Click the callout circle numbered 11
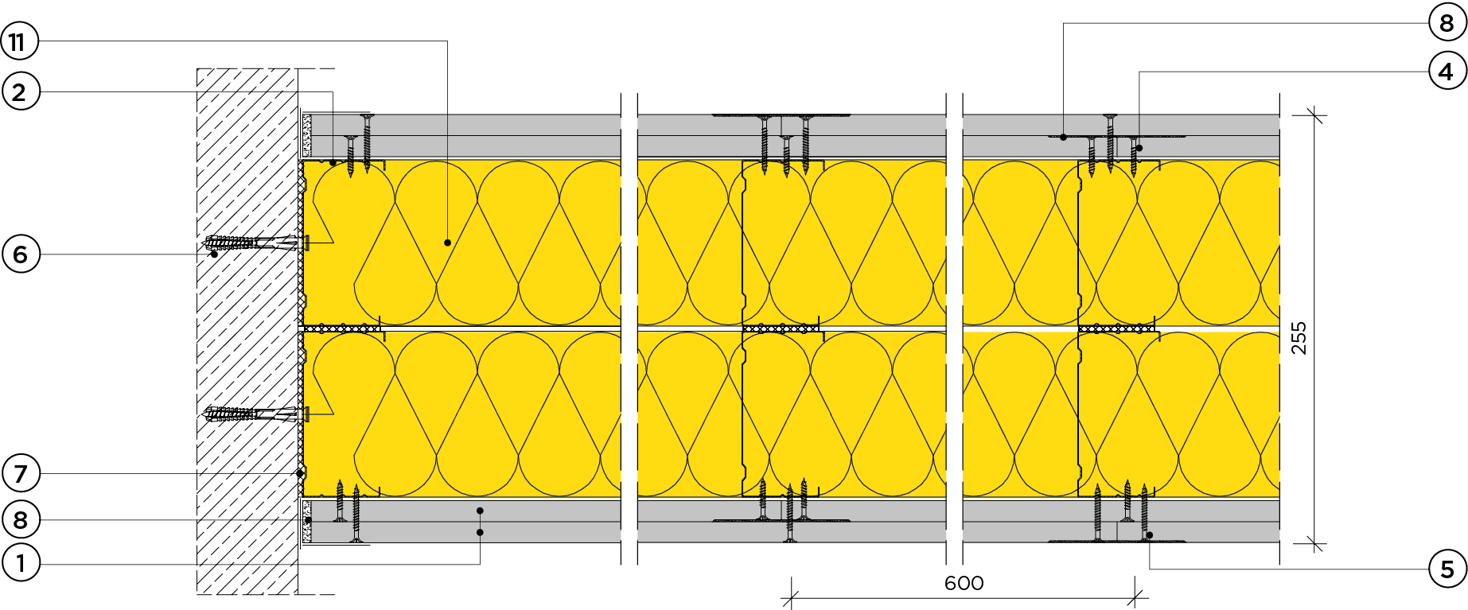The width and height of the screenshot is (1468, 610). click(x=19, y=41)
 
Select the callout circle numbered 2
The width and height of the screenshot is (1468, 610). click(x=21, y=91)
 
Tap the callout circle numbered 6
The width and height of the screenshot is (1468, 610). click(x=21, y=254)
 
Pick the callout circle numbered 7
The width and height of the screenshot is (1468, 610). click(x=21, y=474)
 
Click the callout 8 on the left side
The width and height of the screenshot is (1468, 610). click(x=21, y=520)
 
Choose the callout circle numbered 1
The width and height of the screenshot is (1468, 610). click(x=21, y=564)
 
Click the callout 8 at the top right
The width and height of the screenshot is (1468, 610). click(x=1447, y=23)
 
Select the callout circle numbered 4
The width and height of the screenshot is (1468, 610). click(x=1447, y=72)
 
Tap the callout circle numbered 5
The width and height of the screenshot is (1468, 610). click(x=1447, y=569)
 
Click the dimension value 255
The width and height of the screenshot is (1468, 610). click(x=1299, y=338)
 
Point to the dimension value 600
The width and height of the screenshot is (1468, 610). click(x=964, y=584)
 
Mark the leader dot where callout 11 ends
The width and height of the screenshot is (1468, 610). click(x=448, y=243)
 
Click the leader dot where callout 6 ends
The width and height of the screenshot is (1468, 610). click(x=214, y=254)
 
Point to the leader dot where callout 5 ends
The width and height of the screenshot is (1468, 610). click(x=1150, y=535)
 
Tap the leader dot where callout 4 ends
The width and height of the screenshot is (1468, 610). click(x=1139, y=148)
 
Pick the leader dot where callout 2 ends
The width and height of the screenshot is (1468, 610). click(x=333, y=162)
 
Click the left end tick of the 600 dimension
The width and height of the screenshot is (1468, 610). click(x=790, y=599)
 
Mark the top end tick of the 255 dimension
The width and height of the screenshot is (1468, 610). click(x=1314, y=116)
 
